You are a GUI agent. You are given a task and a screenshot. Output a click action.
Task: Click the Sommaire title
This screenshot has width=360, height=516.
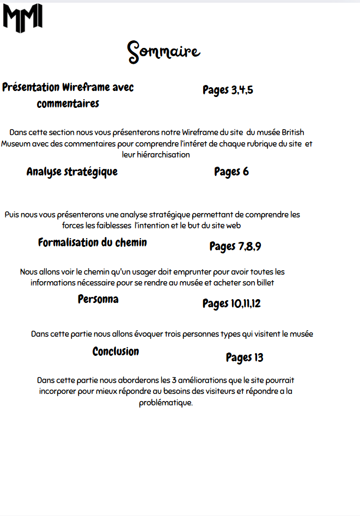pyautogui.click(x=164, y=52)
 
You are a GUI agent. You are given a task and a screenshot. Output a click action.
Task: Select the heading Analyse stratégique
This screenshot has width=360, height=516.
pyautogui.click(x=72, y=172)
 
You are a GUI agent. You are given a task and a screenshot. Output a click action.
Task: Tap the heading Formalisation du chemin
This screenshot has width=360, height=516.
pyautogui.click(x=92, y=242)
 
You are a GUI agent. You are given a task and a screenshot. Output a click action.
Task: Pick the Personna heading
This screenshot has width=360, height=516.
pyautogui.click(x=98, y=299)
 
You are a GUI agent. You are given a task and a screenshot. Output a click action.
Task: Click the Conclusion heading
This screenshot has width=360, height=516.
pyautogui.click(x=115, y=351)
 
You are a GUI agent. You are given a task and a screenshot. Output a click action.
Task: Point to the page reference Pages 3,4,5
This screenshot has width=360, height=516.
pyautogui.click(x=228, y=90)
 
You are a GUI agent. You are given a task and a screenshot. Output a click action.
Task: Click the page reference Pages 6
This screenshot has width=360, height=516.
pyautogui.click(x=231, y=172)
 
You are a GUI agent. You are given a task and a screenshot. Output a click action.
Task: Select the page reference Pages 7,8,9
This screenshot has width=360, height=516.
pyautogui.click(x=235, y=246)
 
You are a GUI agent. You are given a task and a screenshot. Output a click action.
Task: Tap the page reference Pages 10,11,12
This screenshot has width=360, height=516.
pyautogui.click(x=231, y=303)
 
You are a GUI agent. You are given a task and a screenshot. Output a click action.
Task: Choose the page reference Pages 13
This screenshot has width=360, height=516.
pyautogui.click(x=245, y=357)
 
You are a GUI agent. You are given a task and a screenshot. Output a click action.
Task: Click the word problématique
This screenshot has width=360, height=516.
pyautogui.click(x=166, y=403)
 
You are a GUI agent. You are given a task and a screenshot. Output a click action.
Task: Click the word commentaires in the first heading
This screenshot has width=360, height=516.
pyautogui.click(x=68, y=104)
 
